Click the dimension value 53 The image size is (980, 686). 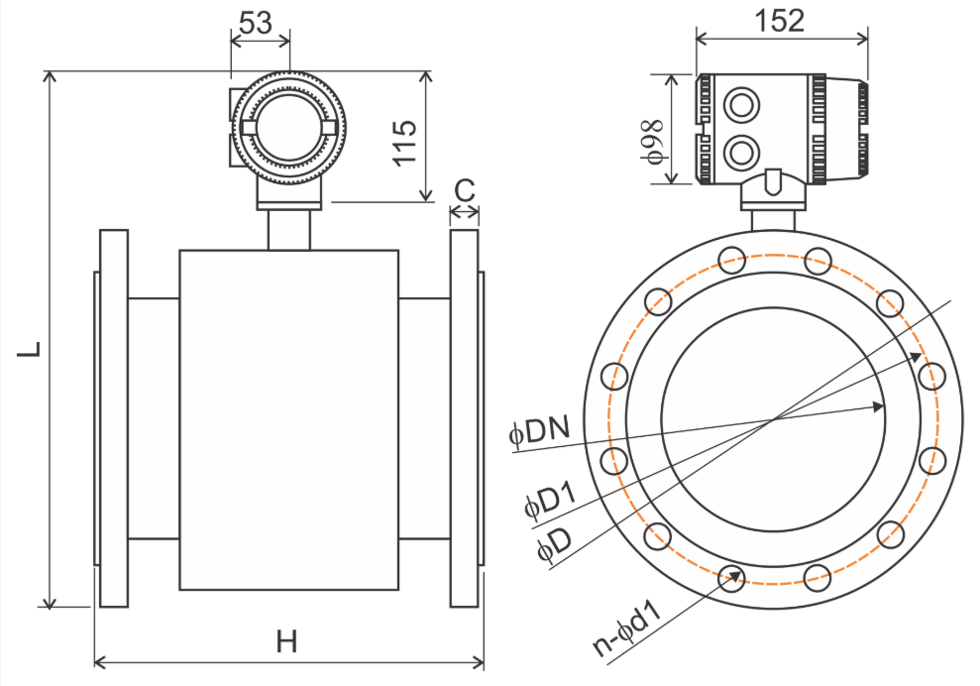pyautogui.click(x=256, y=23)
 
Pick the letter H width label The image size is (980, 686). pyautogui.click(x=287, y=641)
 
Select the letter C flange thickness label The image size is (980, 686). pyautogui.click(x=465, y=188)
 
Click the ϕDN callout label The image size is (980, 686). pyautogui.click(x=540, y=432)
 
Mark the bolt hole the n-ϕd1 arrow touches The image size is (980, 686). pyautogui.click(x=732, y=579)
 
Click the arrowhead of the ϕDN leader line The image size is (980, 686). pyautogui.click(x=878, y=405)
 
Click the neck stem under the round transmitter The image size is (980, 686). pyautogui.click(x=289, y=230)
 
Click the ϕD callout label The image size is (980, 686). pyautogui.click(x=553, y=547)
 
